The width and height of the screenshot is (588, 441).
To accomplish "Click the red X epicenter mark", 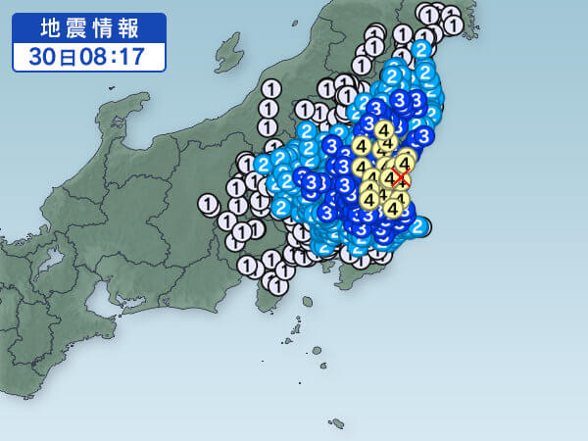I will click(401, 180).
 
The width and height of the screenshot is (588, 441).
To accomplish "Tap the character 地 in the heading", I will click(50, 26).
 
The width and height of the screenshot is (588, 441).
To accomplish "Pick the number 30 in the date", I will click(40, 56).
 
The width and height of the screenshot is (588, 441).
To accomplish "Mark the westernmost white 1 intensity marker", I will click(207, 204).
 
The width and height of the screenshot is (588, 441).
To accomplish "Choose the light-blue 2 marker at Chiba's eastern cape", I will click(418, 227).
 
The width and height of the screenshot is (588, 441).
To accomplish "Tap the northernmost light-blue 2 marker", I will click(421, 49).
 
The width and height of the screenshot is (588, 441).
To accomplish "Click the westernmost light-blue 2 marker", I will click(264, 164).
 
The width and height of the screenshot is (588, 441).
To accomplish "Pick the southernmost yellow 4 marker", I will click(393, 207).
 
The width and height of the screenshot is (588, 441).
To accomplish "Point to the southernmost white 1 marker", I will click(278, 286).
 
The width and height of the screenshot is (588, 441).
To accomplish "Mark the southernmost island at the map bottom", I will click(337, 423).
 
